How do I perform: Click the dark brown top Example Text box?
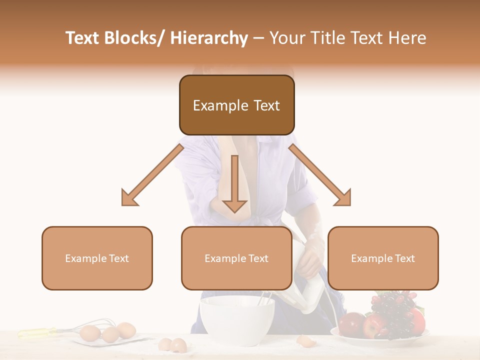pyautogui.click(x=236, y=105)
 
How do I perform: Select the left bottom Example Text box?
pyautogui.click(x=97, y=258)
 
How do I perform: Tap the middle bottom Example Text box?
pyautogui.click(x=236, y=258)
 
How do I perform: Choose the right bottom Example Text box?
pyautogui.click(x=383, y=258)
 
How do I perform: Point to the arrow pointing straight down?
pyautogui.click(x=234, y=185)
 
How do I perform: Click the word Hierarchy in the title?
pyautogui.click(x=209, y=38)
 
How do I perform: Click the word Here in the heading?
pyautogui.click(x=408, y=38)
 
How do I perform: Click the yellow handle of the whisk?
pyautogui.click(x=37, y=331)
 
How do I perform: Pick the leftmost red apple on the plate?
pyautogui.click(x=350, y=323)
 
